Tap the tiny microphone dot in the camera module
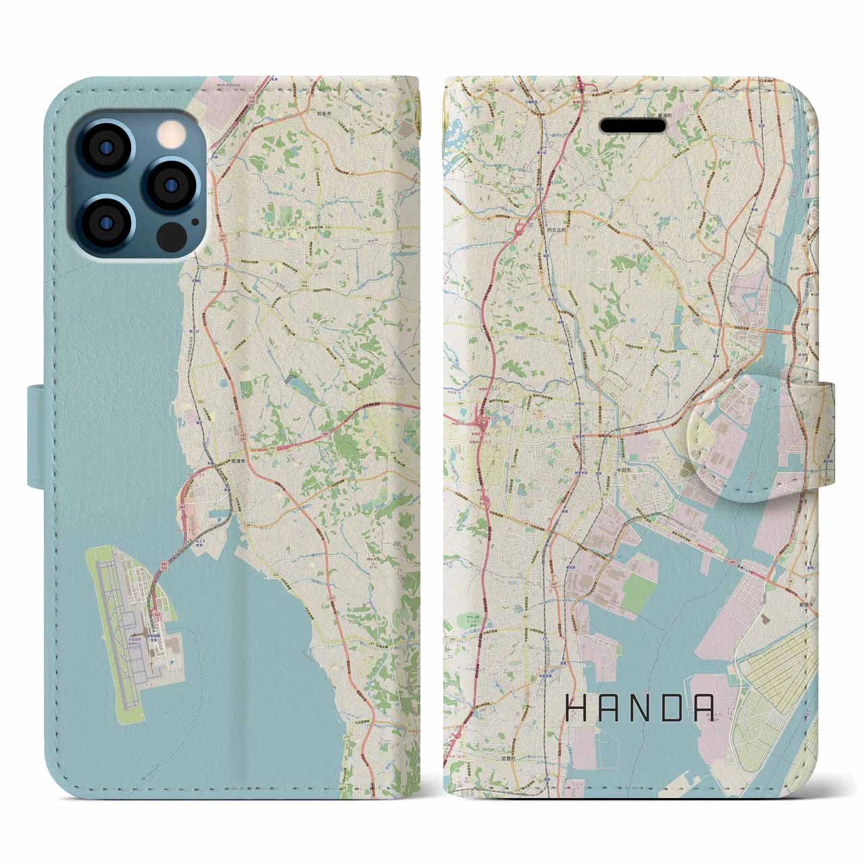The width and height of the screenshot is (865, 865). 195,220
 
